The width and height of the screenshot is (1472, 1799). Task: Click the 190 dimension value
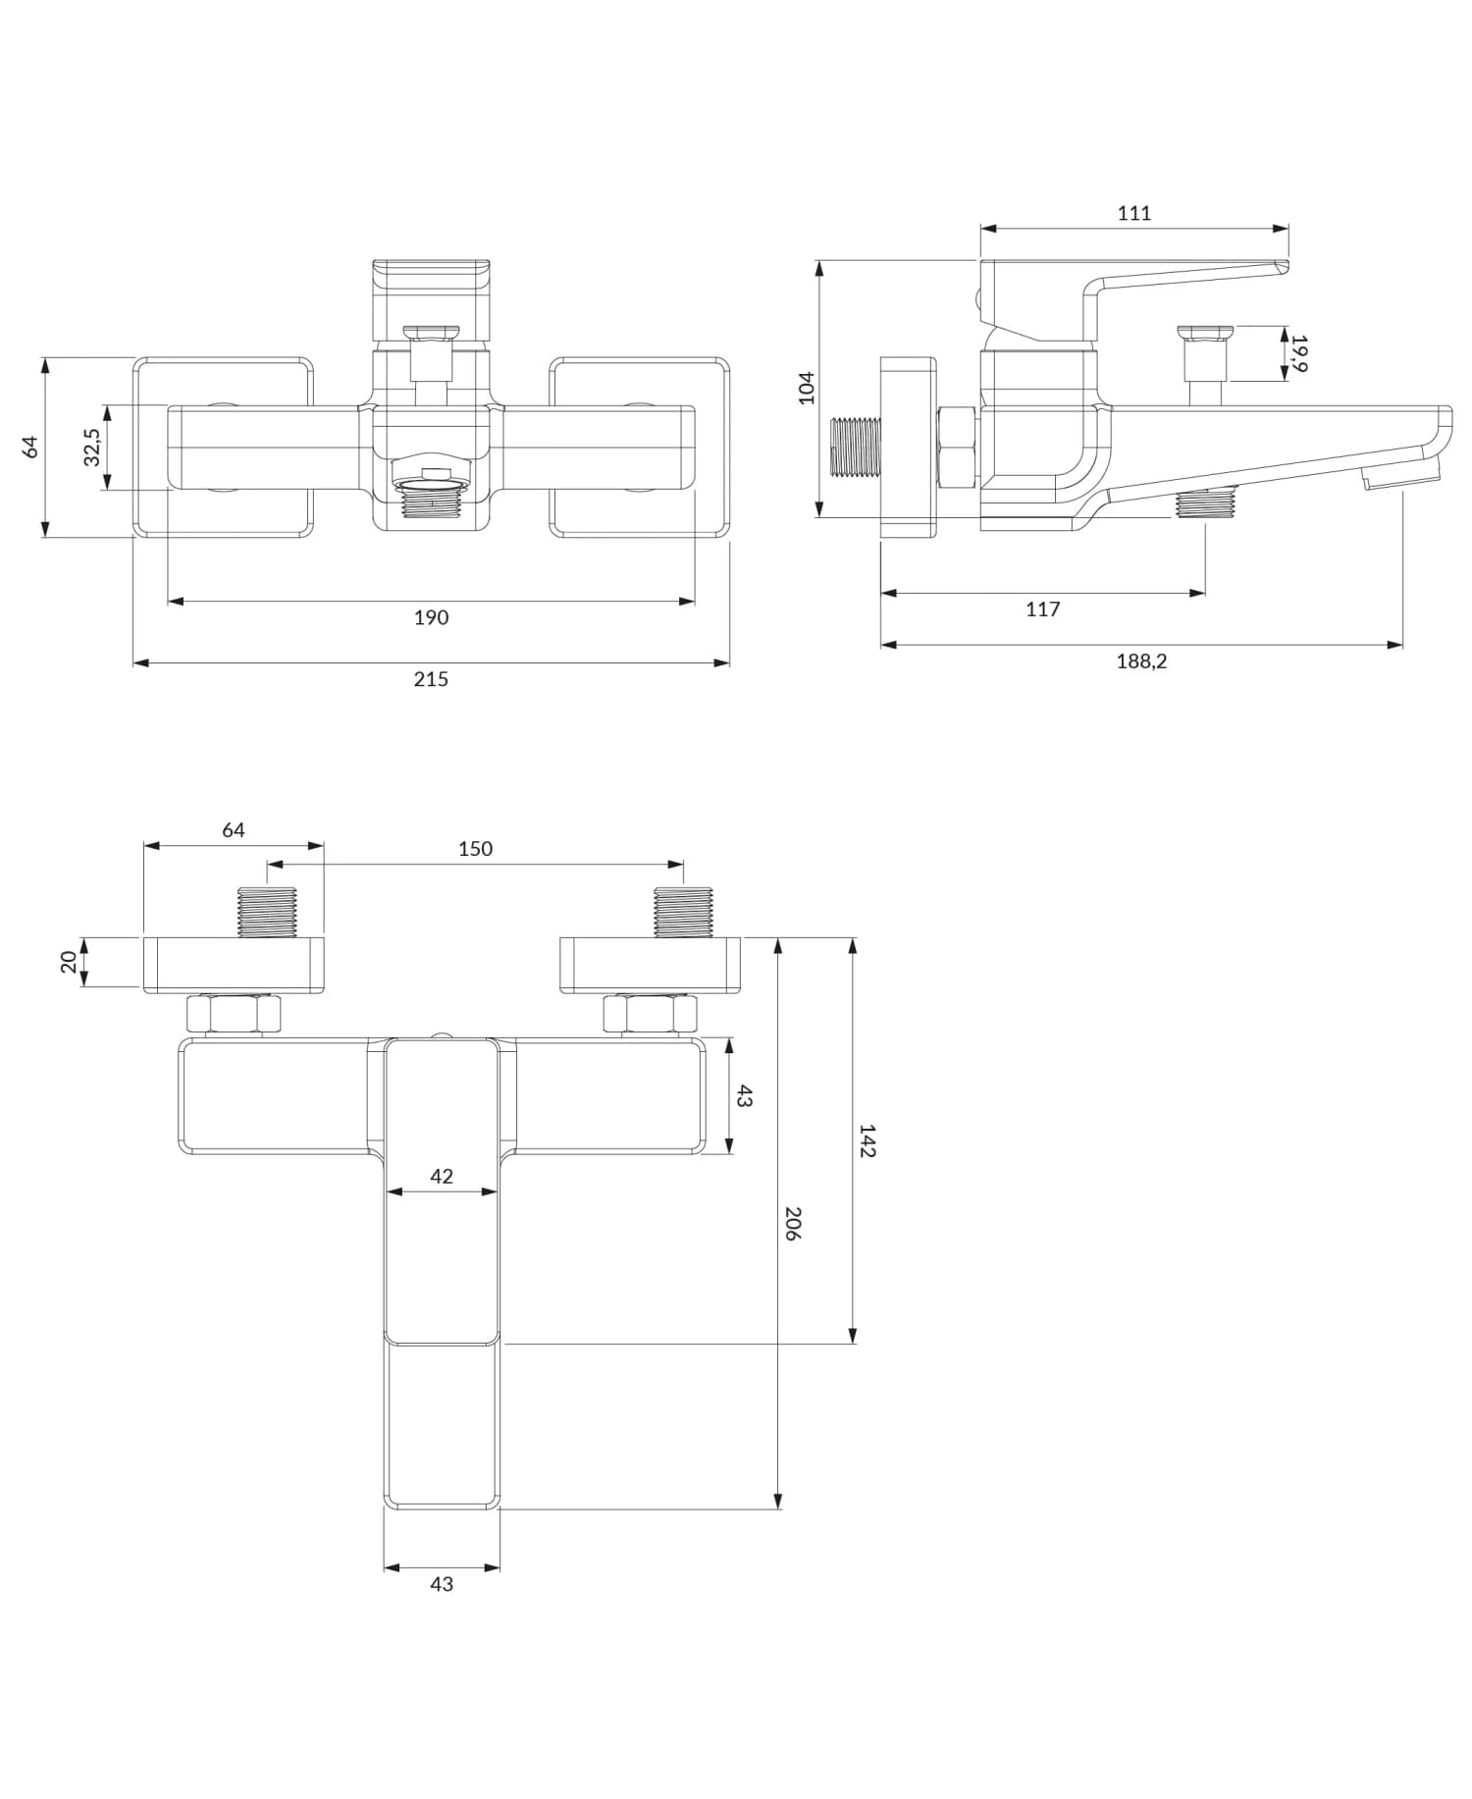[x=431, y=617]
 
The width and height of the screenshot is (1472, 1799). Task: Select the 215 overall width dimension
[x=431, y=679]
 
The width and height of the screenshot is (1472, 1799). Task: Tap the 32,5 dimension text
[x=92, y=448]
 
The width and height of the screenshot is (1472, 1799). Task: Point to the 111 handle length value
[x=1133, y=213]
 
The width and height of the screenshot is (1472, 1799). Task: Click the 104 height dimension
[x=807, y=387]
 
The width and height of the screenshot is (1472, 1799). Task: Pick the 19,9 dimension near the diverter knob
[x=1299, y=353]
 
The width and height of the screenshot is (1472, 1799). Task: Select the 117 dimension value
[x=1042, y=609]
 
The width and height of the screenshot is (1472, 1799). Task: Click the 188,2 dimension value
[x=1141, y=661]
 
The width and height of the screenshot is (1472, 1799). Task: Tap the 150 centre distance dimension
[x=475, y=849]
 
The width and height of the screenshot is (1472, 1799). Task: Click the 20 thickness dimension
[x=69, y=962]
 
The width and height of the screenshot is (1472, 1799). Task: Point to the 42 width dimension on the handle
[x=442, y=1176]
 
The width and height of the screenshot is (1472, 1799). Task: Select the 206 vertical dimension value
[x=793, y=1224]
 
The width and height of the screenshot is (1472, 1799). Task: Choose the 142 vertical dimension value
[x=867, y=1140]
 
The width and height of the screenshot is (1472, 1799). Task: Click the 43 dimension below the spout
[x=442, y=1584]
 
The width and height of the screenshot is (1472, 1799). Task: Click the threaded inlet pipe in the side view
[x=856, y=448]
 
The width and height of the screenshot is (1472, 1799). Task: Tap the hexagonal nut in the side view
[x=957, y=448]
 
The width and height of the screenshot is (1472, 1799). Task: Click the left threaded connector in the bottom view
[x=267, y=912]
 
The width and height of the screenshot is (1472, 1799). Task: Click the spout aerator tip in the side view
[x=1400, y=477]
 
